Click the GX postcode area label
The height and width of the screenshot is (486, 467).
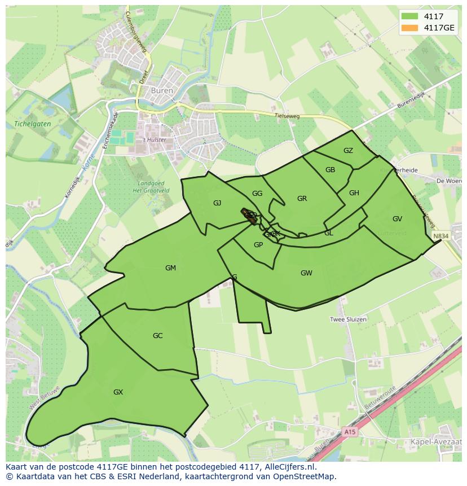coord(118,392)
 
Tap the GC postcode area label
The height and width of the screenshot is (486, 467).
coord(157,336)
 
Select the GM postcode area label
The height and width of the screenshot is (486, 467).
coord(170,268)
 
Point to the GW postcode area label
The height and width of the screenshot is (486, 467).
coord(306,273)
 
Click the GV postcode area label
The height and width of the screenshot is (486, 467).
coord(397,219)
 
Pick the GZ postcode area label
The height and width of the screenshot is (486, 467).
coord(348,151)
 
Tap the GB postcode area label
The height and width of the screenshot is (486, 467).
coord(330,170)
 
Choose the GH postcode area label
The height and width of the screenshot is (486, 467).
coord(354,193)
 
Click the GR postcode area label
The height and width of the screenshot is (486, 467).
coord(302,199)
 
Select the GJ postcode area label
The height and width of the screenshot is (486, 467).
coord(217,203)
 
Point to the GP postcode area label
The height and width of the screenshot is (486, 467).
coord(258,245)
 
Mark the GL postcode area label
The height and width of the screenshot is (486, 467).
coord(328,233)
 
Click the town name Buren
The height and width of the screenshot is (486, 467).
coord(154,90)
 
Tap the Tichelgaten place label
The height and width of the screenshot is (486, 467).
coord(29,124)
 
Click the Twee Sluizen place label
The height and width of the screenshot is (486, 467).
coord(348,319)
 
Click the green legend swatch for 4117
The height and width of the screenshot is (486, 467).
coord(409,16)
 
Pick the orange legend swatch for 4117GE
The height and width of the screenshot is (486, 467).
coord(409,28)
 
